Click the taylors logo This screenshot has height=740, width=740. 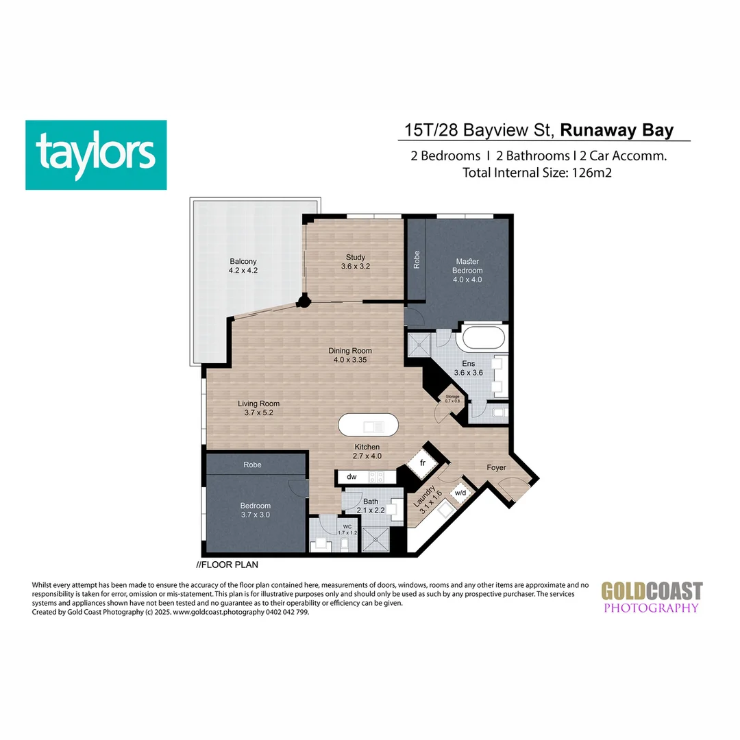pos(96,155)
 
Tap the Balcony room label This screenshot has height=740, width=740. pos(243,266)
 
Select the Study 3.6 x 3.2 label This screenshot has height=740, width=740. pos(355,262)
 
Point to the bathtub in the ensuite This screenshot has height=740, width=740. pos(484,338)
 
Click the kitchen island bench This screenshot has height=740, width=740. pos(368,426)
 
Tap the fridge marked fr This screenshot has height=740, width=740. pos(423,463)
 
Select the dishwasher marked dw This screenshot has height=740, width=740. pos(351,476)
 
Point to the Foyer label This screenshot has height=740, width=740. pos(496,468)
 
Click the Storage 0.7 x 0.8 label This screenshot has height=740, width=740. pos(452,398)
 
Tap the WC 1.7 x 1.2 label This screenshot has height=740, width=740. pos(347,530)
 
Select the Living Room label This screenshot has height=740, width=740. pos(258,408)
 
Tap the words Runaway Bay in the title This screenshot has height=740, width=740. pos(617,130)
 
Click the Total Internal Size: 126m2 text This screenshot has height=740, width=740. pos(536,173)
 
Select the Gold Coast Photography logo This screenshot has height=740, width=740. pos(652,597)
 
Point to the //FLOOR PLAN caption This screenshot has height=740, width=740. pos(227,565)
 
